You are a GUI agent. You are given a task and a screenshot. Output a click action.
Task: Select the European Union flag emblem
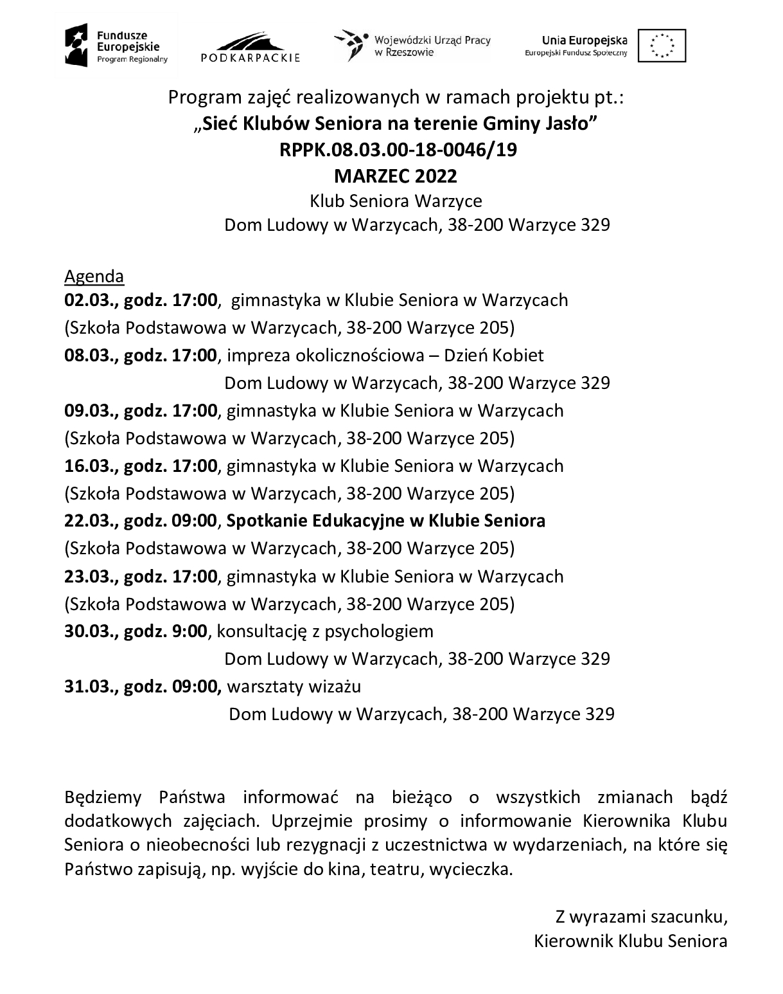pyautogui.click(x=662, y=46)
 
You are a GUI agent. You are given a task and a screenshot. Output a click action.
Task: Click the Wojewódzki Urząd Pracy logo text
pyautogui.click(x=432, y=46)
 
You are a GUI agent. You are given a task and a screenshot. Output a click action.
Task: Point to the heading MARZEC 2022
pyautogui.click(x=396, y=176)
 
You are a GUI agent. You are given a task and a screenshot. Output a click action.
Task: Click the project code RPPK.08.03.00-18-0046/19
pyautogui.click(x=398, y=149)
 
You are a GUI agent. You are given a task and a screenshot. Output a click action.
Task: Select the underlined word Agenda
pyautogui.click(x=94, y=276)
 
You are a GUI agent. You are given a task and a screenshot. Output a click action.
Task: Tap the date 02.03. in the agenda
pyautogui.click(x=88, y=300)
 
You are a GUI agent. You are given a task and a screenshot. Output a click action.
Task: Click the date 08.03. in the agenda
pyautogui.click(x=88, y=356)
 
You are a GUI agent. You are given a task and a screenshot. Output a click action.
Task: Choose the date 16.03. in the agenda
pyautogui.click(x=88, y=465)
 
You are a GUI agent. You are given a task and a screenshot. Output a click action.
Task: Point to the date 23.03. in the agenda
pyautogui.click(x=88, y=576)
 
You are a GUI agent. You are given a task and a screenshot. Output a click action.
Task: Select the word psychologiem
pyautogui.click(x=379, y=631)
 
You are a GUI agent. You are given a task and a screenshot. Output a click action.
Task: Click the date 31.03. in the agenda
pyautogui.click(x=88, y=687)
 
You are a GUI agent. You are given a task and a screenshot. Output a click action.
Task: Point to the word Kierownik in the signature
pyautogui.click(x=573, y=942)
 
